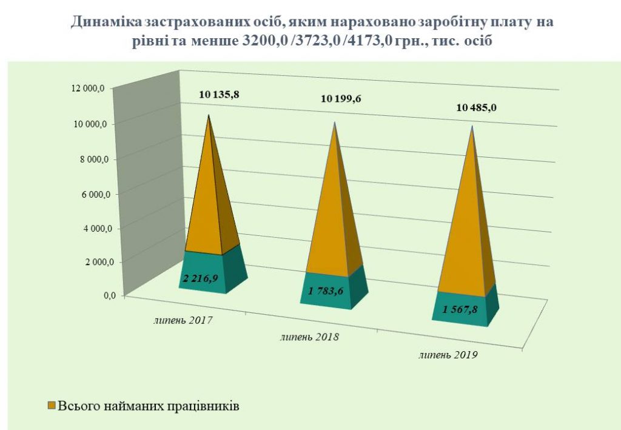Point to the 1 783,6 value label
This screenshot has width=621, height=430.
(328, 292)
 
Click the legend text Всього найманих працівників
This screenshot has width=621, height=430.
(149, 405)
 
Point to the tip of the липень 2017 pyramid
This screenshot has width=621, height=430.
(209, 115)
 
